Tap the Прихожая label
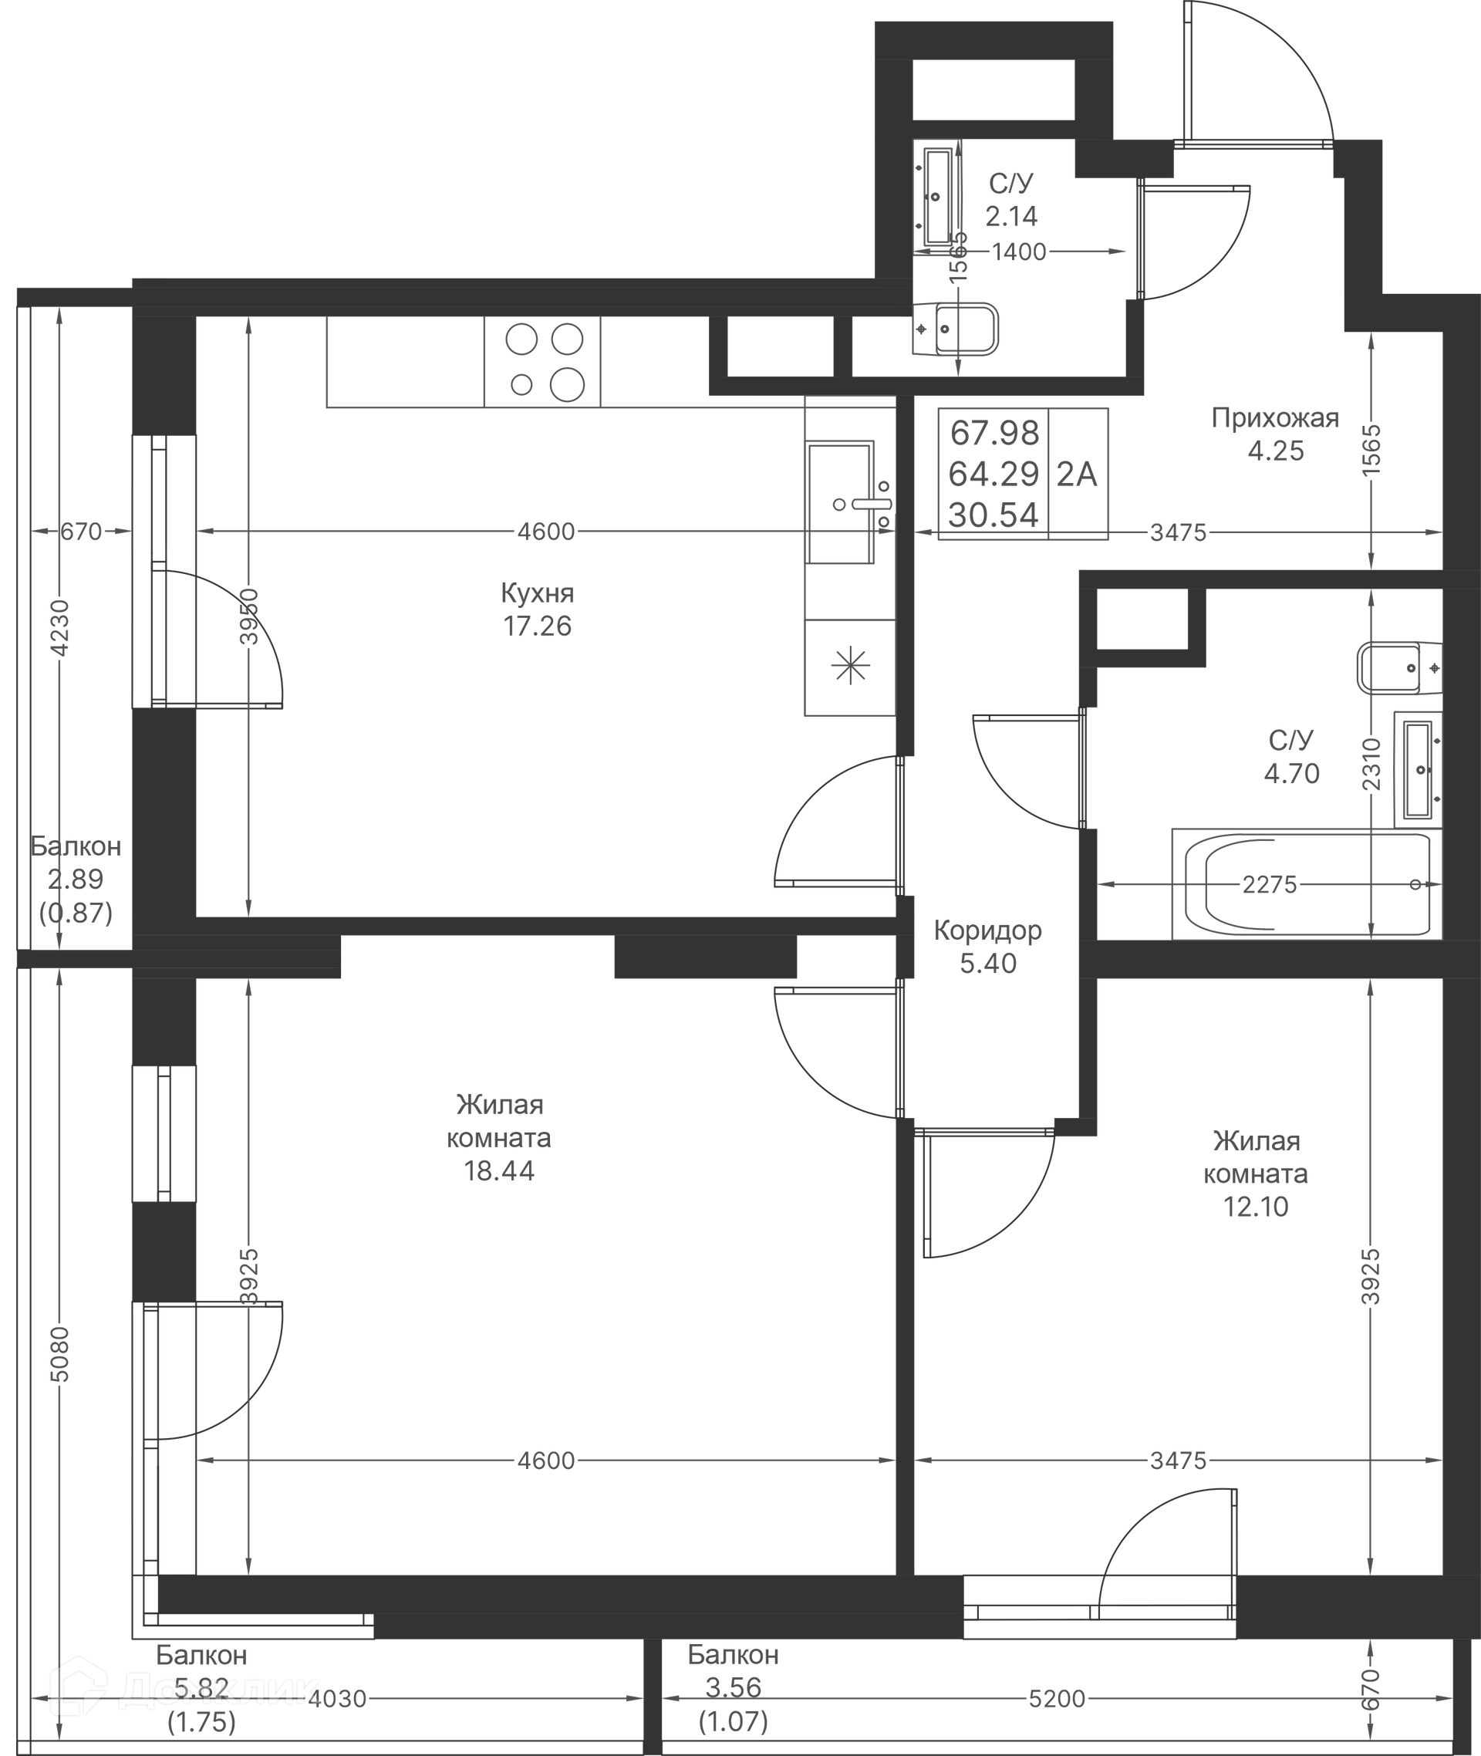point(1274,418)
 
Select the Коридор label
point(987,930)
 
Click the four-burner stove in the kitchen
point(543,362)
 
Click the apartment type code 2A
point(1076,474)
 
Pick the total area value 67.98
point(994,434)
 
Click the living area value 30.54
point(994,515)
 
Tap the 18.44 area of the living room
point(499,1170)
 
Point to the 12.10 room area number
point(1255,1207)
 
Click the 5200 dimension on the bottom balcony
point(1057,1699)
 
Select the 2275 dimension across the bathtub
point(1270,884)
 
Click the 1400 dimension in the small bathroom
point(1018,252)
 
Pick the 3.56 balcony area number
point(733,1687)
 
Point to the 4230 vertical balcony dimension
point(59,627)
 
